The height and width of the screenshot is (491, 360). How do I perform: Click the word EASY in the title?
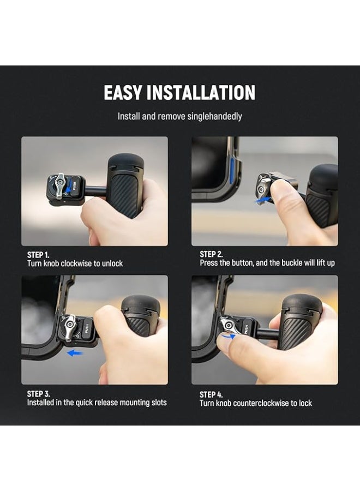pos(123,93)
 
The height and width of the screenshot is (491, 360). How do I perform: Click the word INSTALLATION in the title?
pos(201,93)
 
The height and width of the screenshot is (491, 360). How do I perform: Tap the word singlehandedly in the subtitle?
pos(215,117)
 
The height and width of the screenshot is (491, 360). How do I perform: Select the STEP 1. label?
pos(38,255)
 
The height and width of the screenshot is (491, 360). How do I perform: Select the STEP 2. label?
pos(211,254)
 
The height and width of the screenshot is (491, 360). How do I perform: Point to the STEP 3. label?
pos(38,393)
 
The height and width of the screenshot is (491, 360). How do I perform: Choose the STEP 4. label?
pos(211,394)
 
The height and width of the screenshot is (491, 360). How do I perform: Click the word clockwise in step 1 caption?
pos(76,264)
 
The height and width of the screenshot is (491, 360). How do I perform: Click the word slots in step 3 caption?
pos(159,403)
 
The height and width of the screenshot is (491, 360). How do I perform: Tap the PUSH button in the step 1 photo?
pos(74,187)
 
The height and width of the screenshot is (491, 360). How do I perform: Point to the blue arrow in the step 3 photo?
pos(74,353)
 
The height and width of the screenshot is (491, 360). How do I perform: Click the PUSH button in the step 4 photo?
pos(246,328)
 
